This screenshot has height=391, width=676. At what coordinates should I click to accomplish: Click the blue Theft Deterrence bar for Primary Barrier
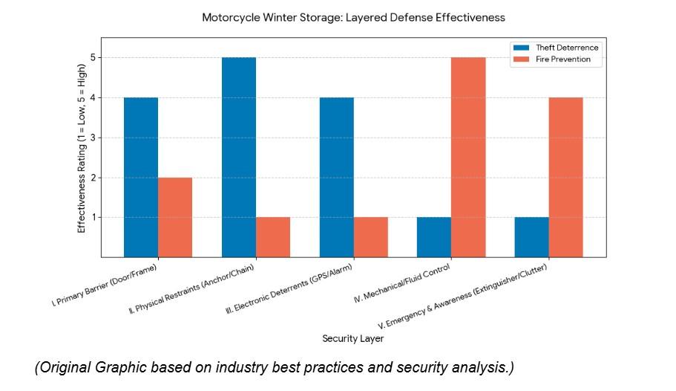[141, 177]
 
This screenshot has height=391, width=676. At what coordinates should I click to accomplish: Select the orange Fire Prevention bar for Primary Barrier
[175, 217]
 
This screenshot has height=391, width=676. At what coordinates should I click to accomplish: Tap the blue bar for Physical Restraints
[239, 157]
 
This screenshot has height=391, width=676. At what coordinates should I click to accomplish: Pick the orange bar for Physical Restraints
[273, 236]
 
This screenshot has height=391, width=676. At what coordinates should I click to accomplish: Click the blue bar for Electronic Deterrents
[336, 177]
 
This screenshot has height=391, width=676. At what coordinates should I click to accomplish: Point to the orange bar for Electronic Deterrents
[370, 236]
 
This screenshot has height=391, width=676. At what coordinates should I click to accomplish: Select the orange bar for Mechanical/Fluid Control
[468, 157]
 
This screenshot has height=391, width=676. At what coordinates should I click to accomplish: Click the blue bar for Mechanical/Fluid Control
[434, 236]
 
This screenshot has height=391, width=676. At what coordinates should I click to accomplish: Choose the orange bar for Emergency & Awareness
[565, 177]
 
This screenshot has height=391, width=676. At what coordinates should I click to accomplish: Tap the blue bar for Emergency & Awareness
[531, 236]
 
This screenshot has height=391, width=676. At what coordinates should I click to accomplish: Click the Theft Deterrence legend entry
[566, 48]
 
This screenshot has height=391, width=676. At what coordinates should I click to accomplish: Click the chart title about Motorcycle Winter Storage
[354, 16]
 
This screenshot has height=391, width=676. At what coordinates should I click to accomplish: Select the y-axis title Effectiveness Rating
[82, 147]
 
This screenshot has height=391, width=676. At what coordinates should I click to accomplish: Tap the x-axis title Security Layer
[353, 338]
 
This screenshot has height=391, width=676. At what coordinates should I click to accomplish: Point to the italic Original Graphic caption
[274, 368]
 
